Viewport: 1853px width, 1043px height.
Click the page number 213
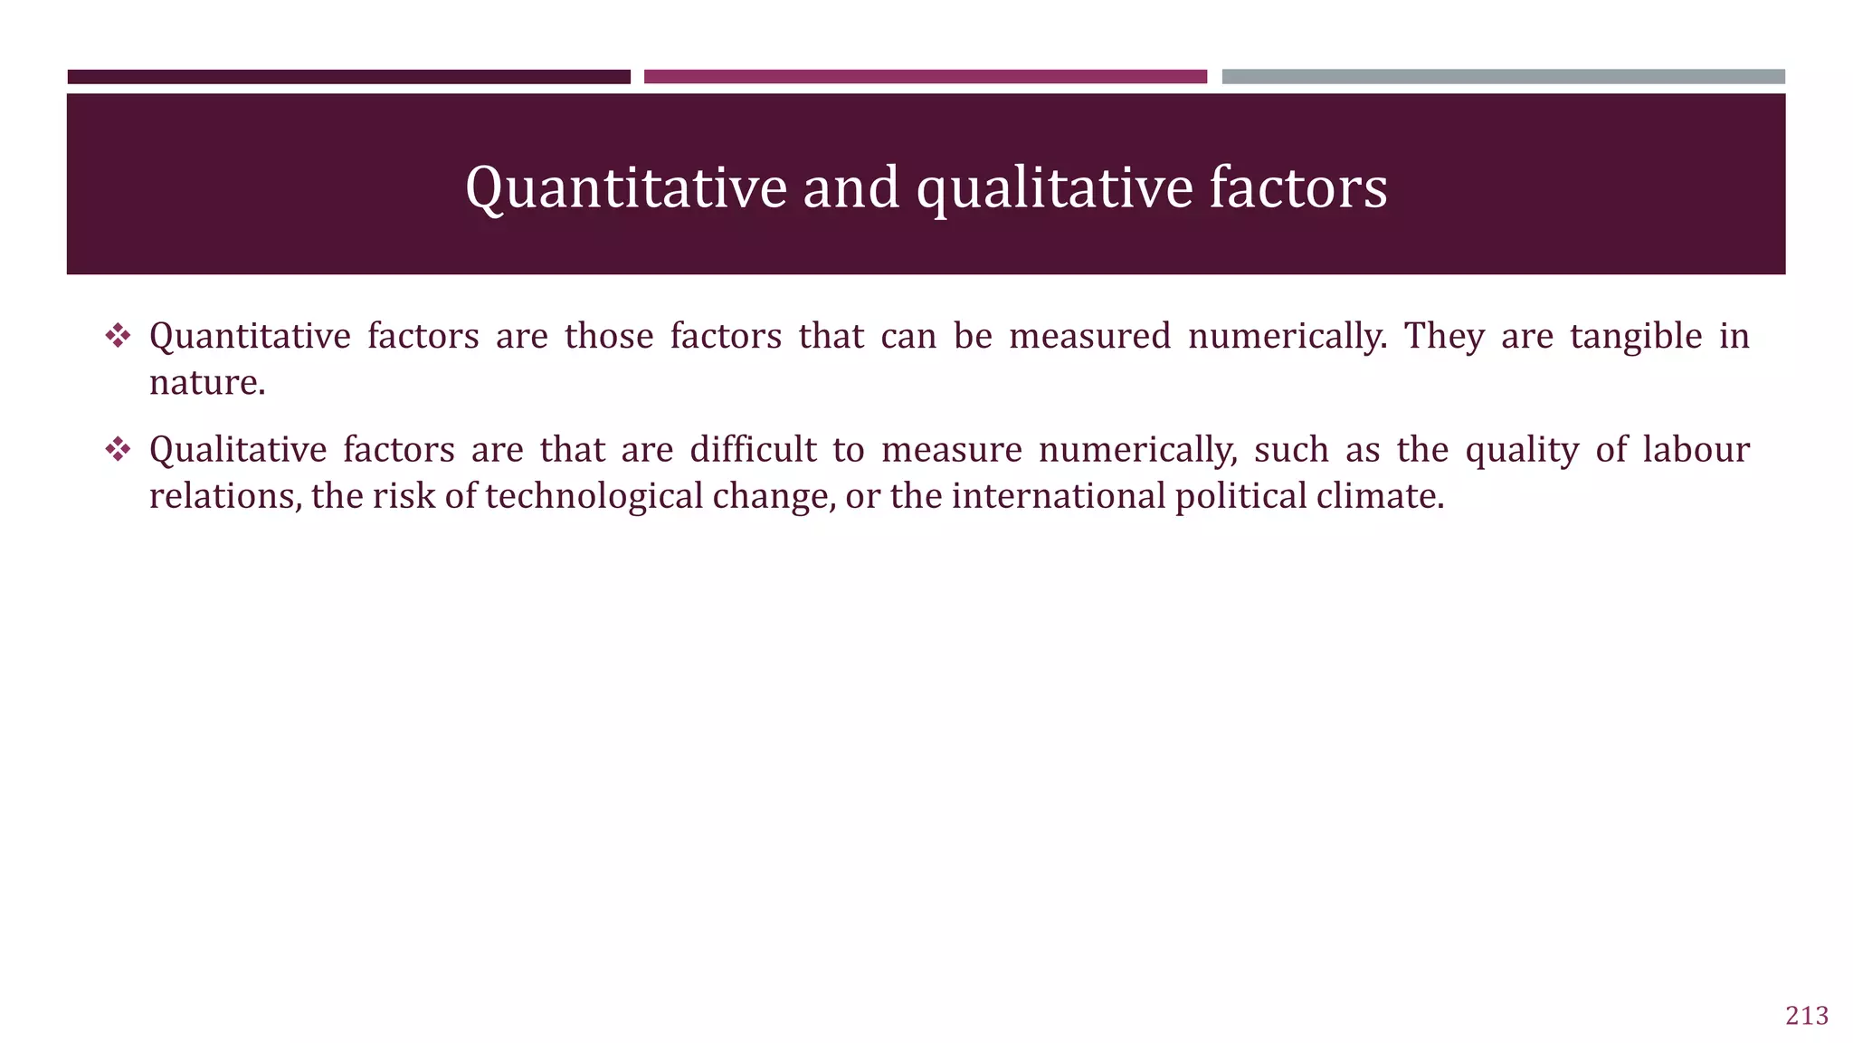pyautogui.click(x=1806, y=1016)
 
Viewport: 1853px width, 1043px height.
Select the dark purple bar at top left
pyautogui.click(x=348, y=77)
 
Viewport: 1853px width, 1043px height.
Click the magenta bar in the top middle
pyautogui.click(x=925, y=77)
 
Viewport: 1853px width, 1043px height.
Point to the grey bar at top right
pyautogui.click(x=1503, y=77)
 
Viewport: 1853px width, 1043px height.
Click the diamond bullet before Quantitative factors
pyautogui.click(x=118, y=337)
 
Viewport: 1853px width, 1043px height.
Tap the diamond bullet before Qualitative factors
pyautogui.click(x=118, y=450)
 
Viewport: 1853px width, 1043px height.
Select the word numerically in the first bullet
pyautogui.click(x=1287, y=337)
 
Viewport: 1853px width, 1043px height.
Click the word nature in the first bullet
pyautogui.click(x=206, y=383)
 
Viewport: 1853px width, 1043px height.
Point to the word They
pyautogui.click(x=1444, y=337)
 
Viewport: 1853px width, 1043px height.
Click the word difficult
pyautogui.click(x=753, y=450)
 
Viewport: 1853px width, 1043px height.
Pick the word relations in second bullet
pyautogui.click(x=224, y=496)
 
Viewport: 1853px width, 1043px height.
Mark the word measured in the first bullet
pyautogui.click(x=1089, y=337)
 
